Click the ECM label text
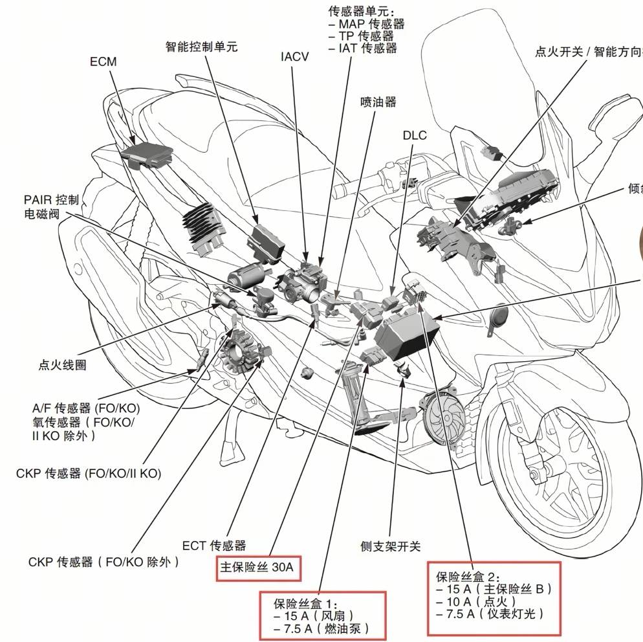(x=103, y=61)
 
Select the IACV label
(x=294, y=56)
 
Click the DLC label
(x=415, y=135)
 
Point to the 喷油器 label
(x=378, y=102)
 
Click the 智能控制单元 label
(x=202, y=47)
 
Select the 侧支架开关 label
(x=391, y=546)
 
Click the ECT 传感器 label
(x=214, y=546)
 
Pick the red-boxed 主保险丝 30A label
(x=257, y=568)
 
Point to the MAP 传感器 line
(x=367, y=24)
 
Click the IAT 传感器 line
(x=363, y=48)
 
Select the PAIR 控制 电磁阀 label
(x=52, y=206)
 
